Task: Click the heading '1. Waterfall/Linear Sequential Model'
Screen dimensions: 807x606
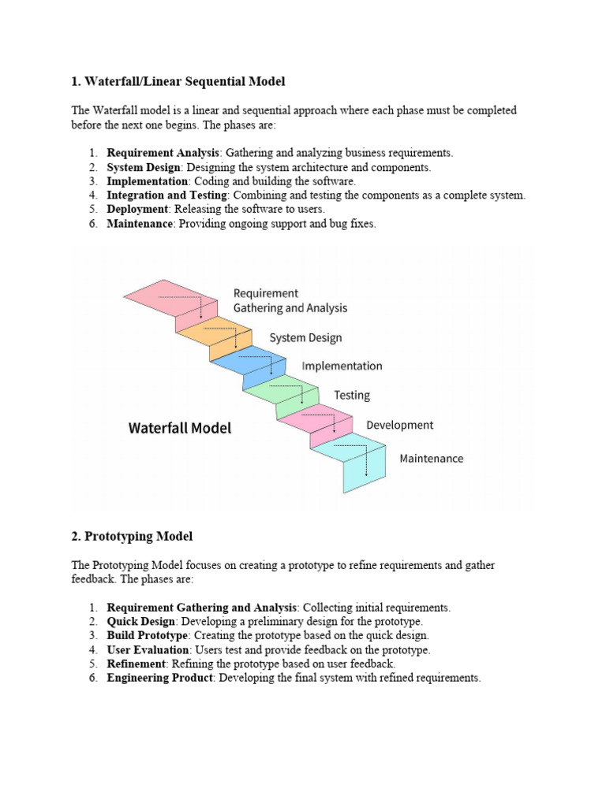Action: pyautogui.click(x=178, y=81)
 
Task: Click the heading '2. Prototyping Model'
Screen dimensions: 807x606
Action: pyautogui.click(x=132, y=536)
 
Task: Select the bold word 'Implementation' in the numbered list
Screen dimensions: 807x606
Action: pyautogui.click(x=148, y=181)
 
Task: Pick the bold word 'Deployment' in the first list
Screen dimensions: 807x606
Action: pyautogui.click(x=137, y=209)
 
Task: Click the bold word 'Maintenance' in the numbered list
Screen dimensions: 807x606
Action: pyautogui.click(x=140, y=224)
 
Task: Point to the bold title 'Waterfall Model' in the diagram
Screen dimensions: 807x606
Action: pyautogui.click(x=180, y=428)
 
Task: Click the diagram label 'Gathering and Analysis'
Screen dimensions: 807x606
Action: pyautogui.click(x=290, y=308)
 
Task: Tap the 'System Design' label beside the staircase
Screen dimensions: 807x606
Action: pyautogui.click(x=305, y=337)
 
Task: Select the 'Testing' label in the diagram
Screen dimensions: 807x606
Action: pyautogui.click(x=351, y=395)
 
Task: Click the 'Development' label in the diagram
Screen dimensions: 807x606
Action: pyautogui.click(x=399, y=425)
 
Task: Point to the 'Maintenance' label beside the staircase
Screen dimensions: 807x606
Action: pyautogui.click(x=431, y=458)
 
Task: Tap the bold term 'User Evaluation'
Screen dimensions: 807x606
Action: pyautogui.click(x=148, y=650)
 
